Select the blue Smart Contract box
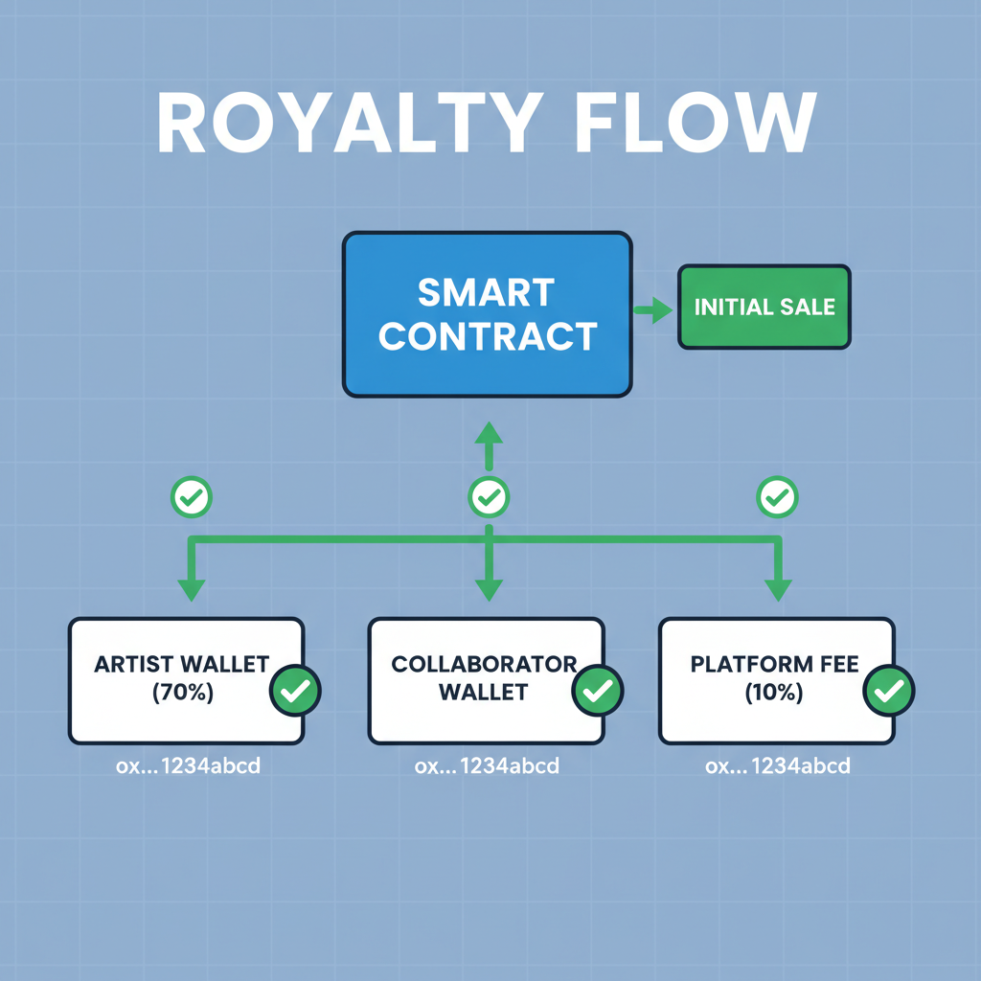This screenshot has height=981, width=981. click(x=487, y=314)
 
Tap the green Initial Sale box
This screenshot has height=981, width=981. click(x=764, y=307)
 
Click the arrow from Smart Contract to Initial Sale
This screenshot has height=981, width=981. click(x=653, y=308)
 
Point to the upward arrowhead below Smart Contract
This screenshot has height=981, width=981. click(x=489, y=433)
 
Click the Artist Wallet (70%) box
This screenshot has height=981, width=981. click(x=172, y=680)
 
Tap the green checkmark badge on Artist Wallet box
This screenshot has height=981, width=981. click(x=296, y=690)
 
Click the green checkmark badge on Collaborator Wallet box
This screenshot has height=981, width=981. click(x=598, y=690)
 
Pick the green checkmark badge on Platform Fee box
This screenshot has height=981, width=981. click(x=889, y=690)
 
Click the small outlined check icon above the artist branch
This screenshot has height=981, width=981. click(x=191, y=496)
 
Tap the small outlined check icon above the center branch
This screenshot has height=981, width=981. click(x=489, y=496)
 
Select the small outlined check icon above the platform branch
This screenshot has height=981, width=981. click(x=777, y=496)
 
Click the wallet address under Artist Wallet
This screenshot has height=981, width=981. click(x=187, y=766)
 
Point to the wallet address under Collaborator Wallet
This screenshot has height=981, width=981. click(x=487, y=766)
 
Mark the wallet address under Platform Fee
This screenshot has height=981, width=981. click(x=777, y=766)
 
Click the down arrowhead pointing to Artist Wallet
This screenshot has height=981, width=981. click(x=191, y=589)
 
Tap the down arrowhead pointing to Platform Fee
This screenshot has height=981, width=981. click(x=777, y=589)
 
